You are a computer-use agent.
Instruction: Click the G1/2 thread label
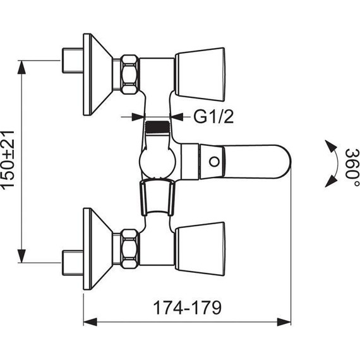(213, 117)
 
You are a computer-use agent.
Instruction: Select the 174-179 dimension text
(188, 308)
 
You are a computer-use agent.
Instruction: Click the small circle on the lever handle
(214, 162)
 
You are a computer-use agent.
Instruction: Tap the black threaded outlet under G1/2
(157, 127)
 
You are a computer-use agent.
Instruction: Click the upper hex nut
(129, 75)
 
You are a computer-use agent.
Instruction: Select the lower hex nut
(129, 249)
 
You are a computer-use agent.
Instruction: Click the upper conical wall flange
(97, 75)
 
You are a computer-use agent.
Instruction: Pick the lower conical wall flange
(97, 249)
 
